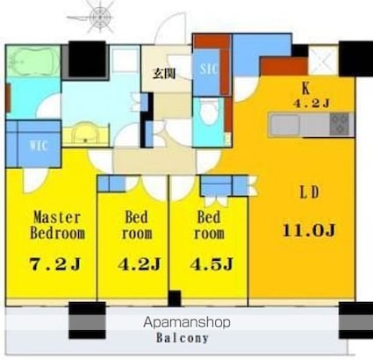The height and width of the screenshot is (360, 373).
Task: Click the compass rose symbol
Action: click(x=101, y=17)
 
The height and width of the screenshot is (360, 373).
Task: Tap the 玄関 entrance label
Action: click(x=164, y=74)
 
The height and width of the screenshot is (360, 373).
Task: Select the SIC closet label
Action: click(x=209, y=68)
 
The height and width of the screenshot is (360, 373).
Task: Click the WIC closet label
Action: click(x=39, y=145)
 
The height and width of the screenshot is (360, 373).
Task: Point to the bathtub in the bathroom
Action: click(x=33, y=61)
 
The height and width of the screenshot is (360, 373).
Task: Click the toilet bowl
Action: click(x=210, y=112)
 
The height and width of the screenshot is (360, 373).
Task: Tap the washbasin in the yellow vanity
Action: click(x=85, y=133)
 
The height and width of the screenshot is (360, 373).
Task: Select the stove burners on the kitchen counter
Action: click(x=340, y=125)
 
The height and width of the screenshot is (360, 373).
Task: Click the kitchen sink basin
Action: click(x=284, y=125)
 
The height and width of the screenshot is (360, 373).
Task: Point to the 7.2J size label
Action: click(x=55, y=264)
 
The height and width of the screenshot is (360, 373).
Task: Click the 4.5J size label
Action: click(x=212, y=264)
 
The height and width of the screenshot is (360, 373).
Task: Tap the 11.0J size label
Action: click(x=309, y=230)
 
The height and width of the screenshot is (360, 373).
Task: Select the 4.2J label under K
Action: click(x=312, y=104)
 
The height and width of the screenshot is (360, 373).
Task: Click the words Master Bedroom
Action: click(x=57, y=226)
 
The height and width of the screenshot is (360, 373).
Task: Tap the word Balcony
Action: click(x=182, y=338)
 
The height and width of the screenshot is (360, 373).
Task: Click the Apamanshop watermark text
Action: click(x=187, y=322)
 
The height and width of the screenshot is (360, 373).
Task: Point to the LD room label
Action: click(x=310, y=192)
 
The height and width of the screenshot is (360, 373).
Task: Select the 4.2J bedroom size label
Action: click(x=140, y=264)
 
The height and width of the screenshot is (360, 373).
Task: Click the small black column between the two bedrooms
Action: click(x=175, y=299)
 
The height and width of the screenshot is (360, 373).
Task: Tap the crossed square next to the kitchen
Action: click(x=323, y=61)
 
